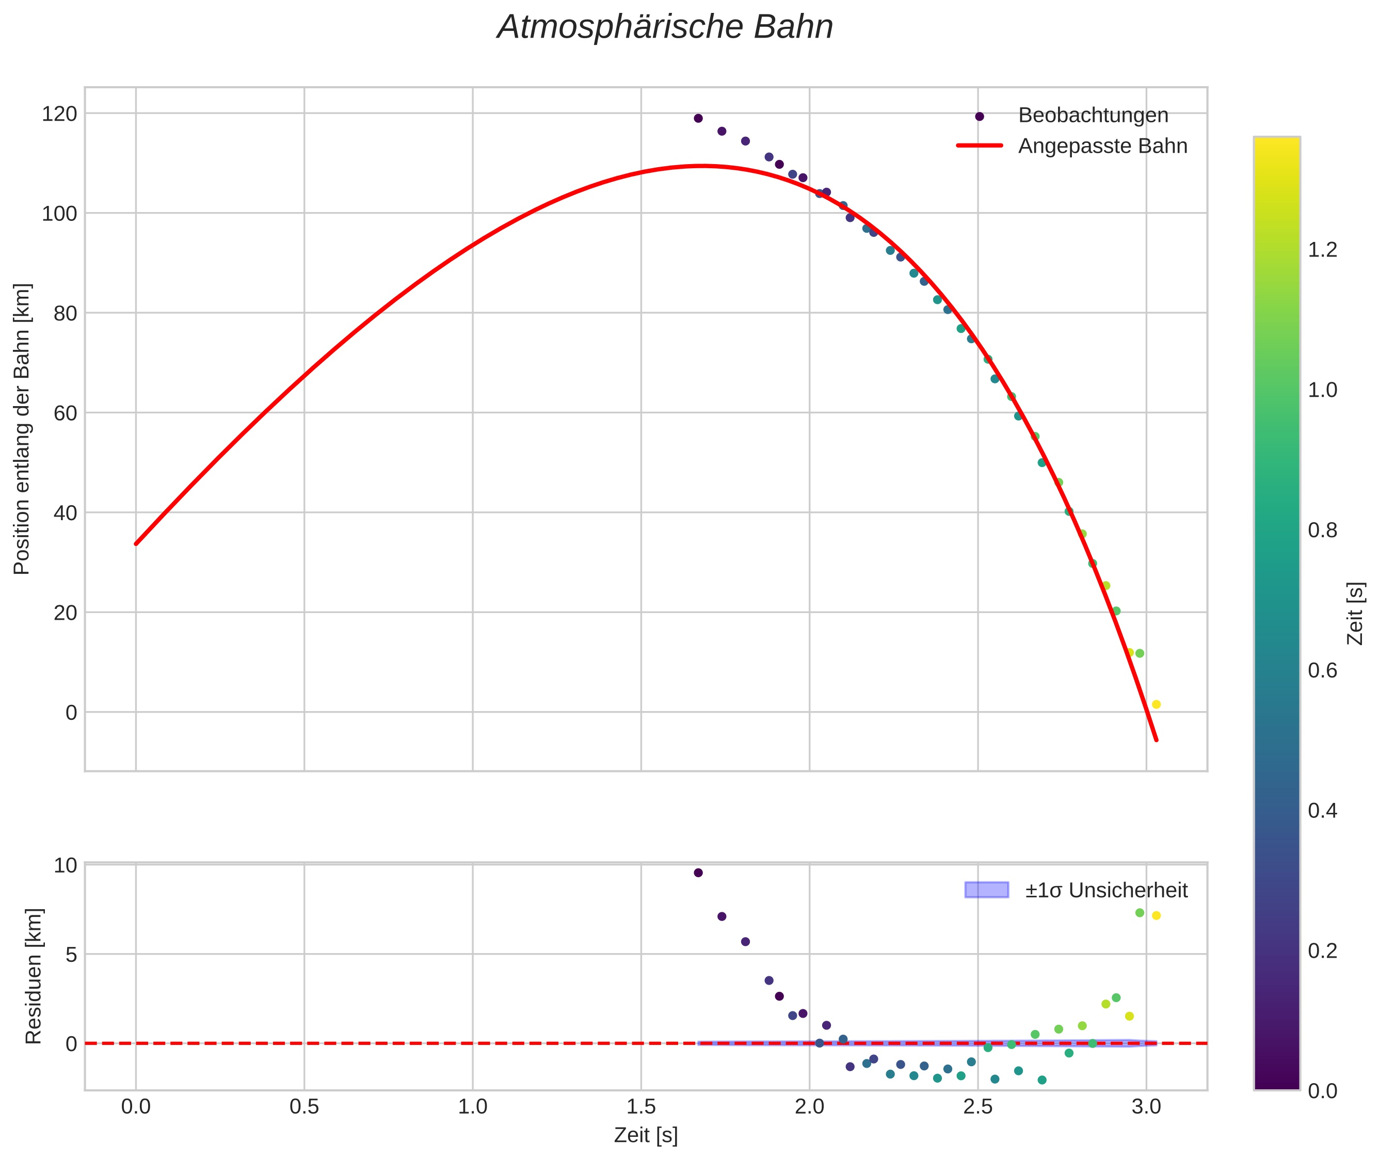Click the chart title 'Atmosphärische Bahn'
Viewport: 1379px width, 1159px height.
pos(665,27)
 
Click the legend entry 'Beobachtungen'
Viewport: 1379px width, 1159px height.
pos(1093,115)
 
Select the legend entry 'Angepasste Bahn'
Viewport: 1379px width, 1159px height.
pos(1102,146)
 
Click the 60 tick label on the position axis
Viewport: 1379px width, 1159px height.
pos(65,413)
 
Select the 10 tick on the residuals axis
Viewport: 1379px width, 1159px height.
pos(65,865)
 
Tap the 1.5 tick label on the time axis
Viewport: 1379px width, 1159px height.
pos(640,1106)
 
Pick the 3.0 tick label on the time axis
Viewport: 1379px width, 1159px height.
pos(1146,1106)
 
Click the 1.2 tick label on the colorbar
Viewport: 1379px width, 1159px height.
pos(1322,250)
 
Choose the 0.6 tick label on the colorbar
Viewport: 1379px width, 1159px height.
pos(1322,671)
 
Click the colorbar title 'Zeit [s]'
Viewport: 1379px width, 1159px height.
pos(1355,614)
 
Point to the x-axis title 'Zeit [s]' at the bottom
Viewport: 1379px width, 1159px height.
pos(646,1135)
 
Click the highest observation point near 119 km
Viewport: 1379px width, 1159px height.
pos(698,118)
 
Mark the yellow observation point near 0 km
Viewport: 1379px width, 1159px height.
pos(1156,704)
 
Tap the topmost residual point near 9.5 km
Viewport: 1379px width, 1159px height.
pos(698,873)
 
